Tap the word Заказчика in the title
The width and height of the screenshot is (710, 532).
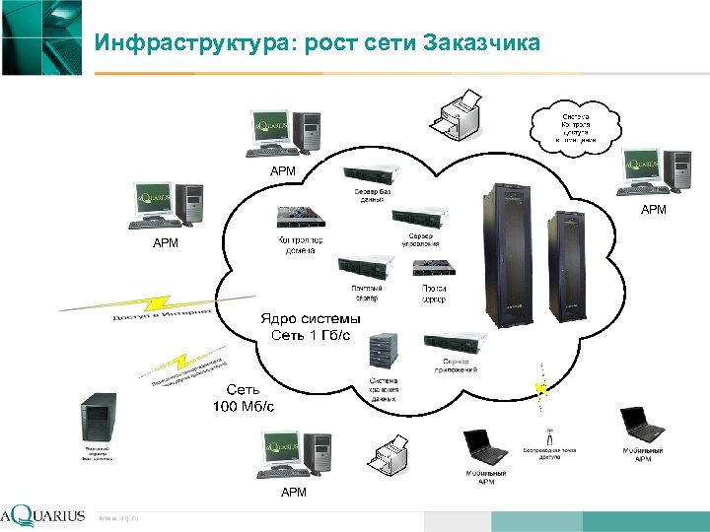pos(481,43)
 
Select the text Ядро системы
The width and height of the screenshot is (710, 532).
pos(311,319)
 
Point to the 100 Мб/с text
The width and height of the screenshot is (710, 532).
pos(244,405)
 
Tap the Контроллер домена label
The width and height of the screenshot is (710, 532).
pos(301,245)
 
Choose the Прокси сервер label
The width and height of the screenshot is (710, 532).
pos(434,293)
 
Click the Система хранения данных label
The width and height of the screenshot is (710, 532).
pos(384,390)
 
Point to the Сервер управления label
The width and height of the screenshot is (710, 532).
pos(421,239)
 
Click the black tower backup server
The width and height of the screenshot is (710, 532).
pos(100,419)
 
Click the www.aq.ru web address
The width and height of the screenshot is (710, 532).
pos(118,516)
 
